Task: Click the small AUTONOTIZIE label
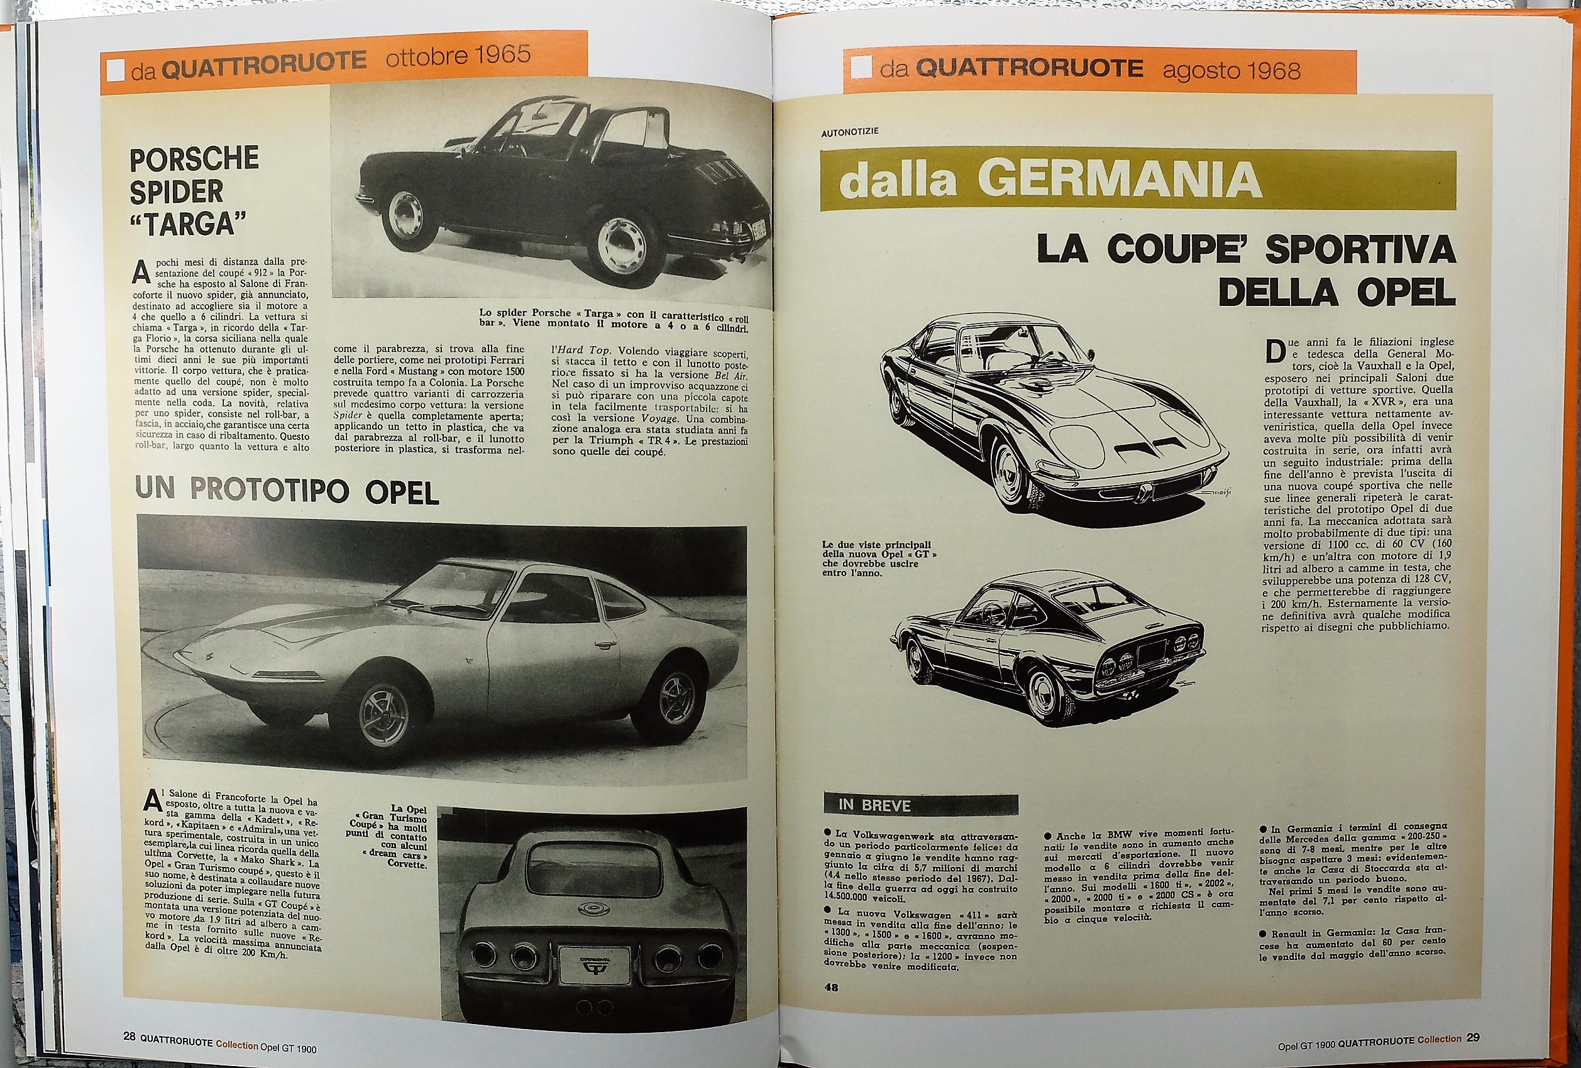[x=850, y=132]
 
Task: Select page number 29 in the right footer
[x=1473, y=1038]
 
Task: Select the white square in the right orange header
[x=862, y=67]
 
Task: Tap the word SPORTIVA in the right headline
[x=1359, y=249]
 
